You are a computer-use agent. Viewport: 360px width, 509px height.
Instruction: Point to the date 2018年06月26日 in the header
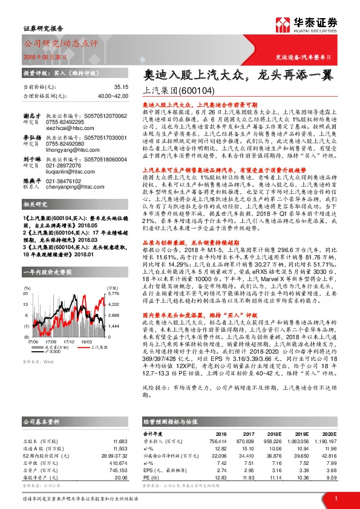pos(39,57)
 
